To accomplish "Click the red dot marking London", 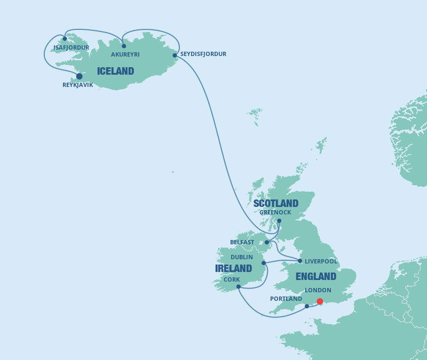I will pos(320,301).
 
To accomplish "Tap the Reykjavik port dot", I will pos(79,76).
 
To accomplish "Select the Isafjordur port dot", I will pos(65,38).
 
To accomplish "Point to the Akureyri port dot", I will pos(124,46).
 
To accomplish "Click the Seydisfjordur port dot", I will pos(175,55).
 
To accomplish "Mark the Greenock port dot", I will pos(279,220).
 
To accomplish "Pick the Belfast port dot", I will pos(267,242).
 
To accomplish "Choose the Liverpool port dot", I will pos(300,261).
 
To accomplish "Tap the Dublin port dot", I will pos(264,263).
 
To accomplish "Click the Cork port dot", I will pos(238,287).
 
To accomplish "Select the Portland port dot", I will pos(307,306).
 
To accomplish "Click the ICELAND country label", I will pos(115,71).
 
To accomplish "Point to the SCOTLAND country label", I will pos(275,203).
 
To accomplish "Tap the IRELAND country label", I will pos(233,268).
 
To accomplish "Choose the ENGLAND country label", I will pos(315,276).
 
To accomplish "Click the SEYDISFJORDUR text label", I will pos(203,54).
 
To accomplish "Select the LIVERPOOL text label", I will pos(321,261).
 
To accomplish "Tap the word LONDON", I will pos(318,290).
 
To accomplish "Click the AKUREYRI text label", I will pos(125,54).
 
